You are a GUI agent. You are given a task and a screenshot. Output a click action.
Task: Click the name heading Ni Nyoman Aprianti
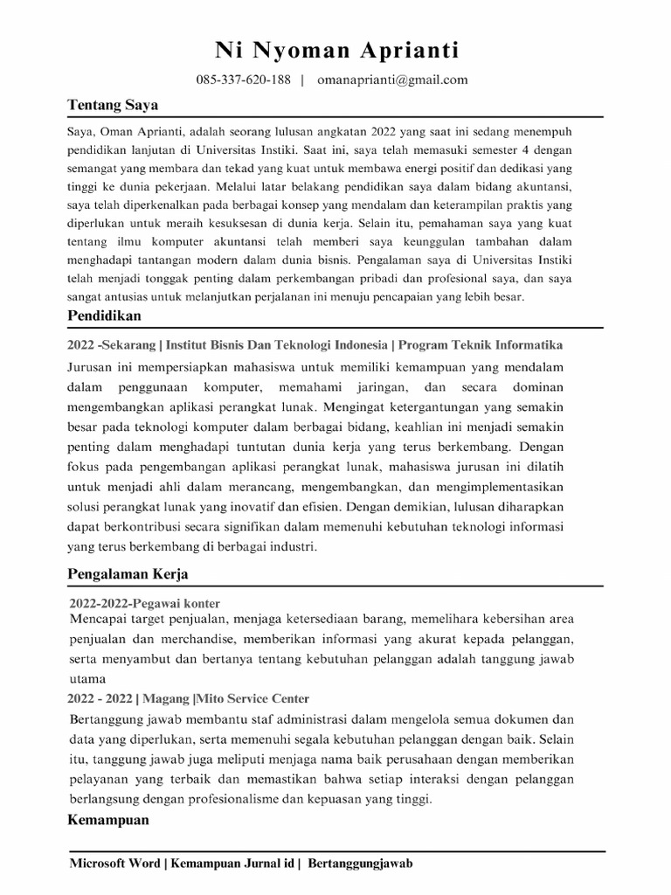pyautogui.click(x=336, y=51)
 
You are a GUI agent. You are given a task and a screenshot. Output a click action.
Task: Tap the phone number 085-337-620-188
pyautogui.click(x=243, y=80)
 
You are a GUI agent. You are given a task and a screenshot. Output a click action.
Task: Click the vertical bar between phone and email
pyautogui.click(x=302, y=80)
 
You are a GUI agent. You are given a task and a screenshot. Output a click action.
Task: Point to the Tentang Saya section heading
pyautogui.click(x=113, y=105)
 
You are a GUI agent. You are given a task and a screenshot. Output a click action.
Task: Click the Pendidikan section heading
pyautogui.click(x=104, y=315)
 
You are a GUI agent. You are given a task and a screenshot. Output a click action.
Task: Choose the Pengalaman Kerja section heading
pyautogui.click(x=128, y=574)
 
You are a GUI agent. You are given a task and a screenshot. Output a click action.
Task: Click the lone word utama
pyautogui.click(x=86, y=678)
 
